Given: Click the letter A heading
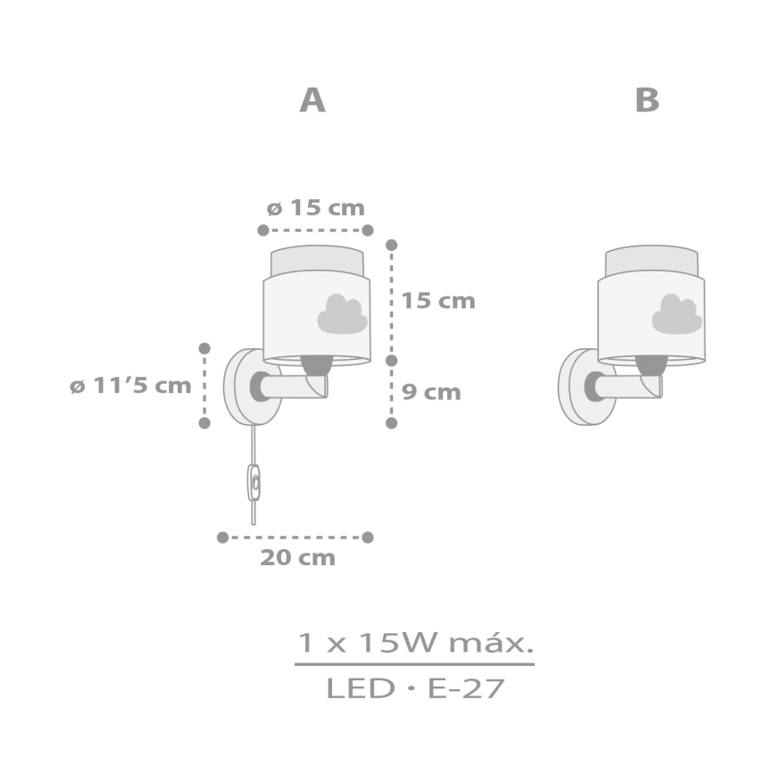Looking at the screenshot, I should (312, 101).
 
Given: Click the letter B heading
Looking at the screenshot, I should (647, 101).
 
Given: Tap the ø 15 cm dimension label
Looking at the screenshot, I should (316, 208).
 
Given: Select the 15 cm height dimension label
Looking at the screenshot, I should (437, 300).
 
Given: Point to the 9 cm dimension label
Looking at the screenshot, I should (430, 392).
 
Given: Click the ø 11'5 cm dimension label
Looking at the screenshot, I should (130, 386).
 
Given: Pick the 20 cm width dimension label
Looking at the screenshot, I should (297, 559).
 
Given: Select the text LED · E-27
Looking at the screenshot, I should (415, 688).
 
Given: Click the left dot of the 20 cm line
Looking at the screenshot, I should (222, 537).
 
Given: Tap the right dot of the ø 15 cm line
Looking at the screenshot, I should (367, 229).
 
